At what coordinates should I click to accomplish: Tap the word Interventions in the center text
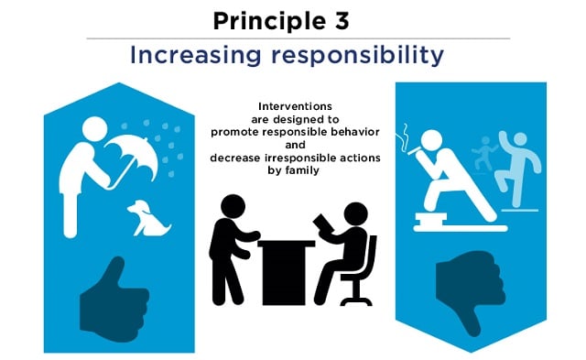292,106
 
